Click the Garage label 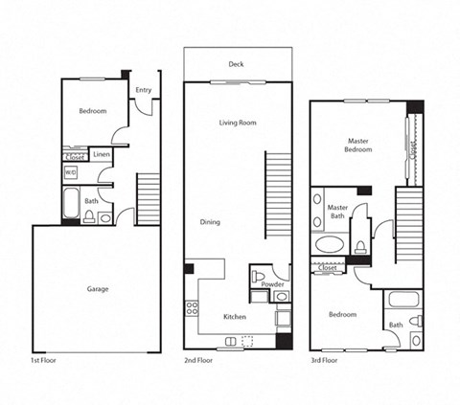(97, 288)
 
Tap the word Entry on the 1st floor (143, 91)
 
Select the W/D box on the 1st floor (71, 172)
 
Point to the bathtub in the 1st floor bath (71, 204)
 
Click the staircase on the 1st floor (149, 198)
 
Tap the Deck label (236, 65)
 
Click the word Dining (210, 222)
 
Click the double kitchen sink (232, 341)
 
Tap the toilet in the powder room (259, 279)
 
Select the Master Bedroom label (358, 145)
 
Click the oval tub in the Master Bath (331, 245)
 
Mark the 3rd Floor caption (324, 361)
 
